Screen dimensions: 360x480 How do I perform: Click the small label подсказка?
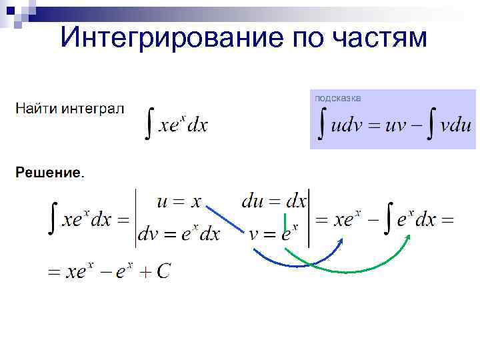(338, 98)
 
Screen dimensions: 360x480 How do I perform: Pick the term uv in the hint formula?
(397, 125)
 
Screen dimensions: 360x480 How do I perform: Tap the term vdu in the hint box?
(455, 125)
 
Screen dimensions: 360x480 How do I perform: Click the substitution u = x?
(179, 201)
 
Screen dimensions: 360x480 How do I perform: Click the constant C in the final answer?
(163, 271)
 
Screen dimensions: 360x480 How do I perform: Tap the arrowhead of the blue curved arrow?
(341, 241)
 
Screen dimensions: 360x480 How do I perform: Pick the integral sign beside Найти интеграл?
(151, 125)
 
